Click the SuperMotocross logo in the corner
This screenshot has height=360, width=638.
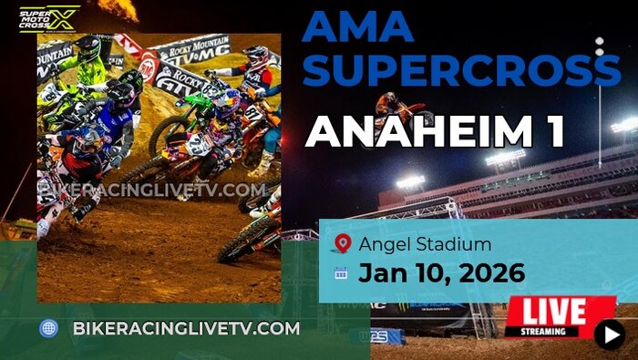49,18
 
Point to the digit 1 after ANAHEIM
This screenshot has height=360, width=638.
552,132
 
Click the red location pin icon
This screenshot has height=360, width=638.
342,243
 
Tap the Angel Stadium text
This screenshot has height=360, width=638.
425,243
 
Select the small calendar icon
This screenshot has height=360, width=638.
342,273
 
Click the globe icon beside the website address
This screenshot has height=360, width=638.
49,328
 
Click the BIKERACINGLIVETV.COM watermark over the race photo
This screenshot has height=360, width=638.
152,190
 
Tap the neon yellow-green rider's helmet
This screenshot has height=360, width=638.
87,47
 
